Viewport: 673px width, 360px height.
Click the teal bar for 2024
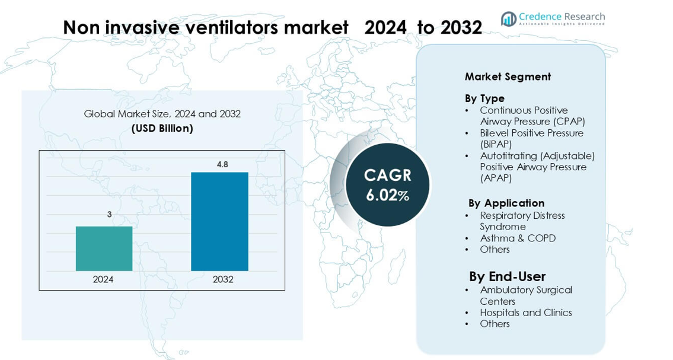pyautogui.click(x=104, y=249)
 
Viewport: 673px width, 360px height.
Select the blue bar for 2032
pyautogui.click(x=219, y=221)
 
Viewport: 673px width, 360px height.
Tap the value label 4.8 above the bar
pyautogui.click(x=222, y=164)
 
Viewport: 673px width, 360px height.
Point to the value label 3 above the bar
pyautogui.click(x=110, y=215)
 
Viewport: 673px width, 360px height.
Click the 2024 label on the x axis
pyautogui.click(x=103, y=279)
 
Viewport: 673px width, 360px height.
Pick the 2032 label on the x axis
pyautogui.click(x=223, y=279)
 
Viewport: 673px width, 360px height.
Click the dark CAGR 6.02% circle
pyautogui.click(x=387, y=184)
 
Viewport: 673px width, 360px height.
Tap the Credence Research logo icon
pyautogui.click(x=508, y=19)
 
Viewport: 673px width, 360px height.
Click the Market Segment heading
pyautogui.click(x=508, y=77)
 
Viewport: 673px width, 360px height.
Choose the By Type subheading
pyautogui.click(x=484, y=98)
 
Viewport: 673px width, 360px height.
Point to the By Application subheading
pyautogui.click(x=506, y=203)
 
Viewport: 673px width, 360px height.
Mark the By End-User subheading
pyautogui.click(x=507, y=276)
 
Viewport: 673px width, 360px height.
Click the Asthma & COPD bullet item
pyautogui.click(x=518, y=238)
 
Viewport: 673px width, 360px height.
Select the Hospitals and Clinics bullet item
pyautogui.click(x=525, y=313)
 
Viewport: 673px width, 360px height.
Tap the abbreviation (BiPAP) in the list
pyautogui.click(x=496, y=144)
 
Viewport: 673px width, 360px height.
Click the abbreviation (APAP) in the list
pyautogui.click(x=496, y=178)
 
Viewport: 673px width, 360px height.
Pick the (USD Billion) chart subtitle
pyautogui.click(x=162, y=128)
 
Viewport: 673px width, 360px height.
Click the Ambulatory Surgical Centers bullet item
pyautogui.click(x=525, y=295)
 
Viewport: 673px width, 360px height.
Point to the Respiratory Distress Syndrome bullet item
pyautogui.click(x=522, y=221)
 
